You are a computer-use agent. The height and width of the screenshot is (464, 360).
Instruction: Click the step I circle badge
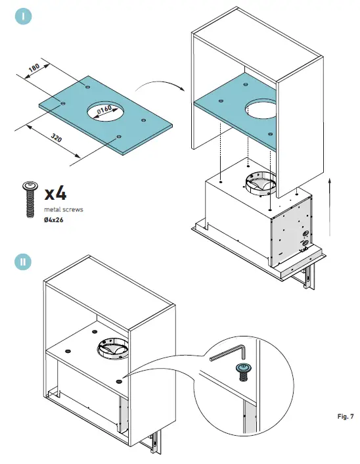click(23, 16)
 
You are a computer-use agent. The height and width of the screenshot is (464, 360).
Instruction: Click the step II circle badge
click(23, 262)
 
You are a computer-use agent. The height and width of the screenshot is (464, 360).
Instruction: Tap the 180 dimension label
click(34, 68)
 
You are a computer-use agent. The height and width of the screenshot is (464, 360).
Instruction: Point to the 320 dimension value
click(56, 137)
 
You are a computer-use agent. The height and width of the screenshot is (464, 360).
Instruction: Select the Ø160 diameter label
click(104, 110)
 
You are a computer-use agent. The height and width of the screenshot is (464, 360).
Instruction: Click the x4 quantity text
click(56, 194)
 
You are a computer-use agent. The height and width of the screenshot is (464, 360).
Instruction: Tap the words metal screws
click(64, 210)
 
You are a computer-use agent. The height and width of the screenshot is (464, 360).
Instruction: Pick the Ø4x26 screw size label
click(54, 220)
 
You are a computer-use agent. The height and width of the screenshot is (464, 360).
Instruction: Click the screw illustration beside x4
click(30, 199)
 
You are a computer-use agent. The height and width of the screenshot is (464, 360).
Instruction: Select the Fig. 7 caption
click(346, 417)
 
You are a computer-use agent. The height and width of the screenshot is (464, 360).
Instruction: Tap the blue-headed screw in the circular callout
click(244, 372)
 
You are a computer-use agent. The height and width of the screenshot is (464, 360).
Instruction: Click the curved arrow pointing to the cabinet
click(160, 85)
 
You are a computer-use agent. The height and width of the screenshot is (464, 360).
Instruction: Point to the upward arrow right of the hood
click(330, 206)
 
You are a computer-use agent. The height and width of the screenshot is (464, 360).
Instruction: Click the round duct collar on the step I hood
click(259, 184)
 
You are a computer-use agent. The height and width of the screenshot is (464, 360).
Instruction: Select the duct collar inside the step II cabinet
click(113, 349)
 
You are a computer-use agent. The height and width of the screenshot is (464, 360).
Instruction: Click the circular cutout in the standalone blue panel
click(105, 111)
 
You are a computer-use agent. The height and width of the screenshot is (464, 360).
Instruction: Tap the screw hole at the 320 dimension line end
click(119, 137)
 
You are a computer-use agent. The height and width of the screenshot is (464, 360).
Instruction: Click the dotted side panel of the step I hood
click(291, 230)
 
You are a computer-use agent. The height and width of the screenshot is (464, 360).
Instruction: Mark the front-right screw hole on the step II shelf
click(119, 381)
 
